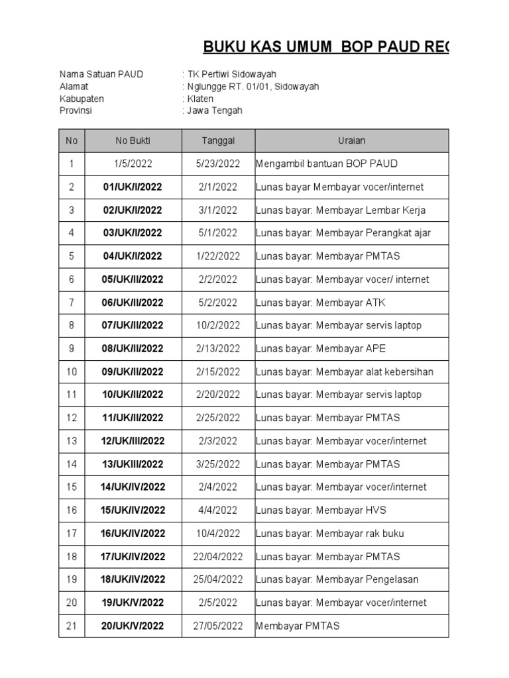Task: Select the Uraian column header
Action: pos(351,140)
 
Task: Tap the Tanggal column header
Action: pos(218,140)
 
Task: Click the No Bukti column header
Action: pos(133,140)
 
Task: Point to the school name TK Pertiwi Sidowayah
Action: pos(231,74)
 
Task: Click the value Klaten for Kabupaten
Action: pos(199,99)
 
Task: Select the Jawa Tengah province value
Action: pos(214,111)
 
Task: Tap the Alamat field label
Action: pos(74,87)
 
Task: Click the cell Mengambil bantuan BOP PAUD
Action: pos(327,164)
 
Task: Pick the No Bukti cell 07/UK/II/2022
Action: pos(133,325)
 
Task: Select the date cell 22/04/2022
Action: pos(218,556)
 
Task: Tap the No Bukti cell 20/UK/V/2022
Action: pos(133,626)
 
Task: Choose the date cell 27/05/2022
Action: pos(218,626)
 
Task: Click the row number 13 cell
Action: pos(72,441)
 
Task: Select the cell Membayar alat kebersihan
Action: pos(345,371)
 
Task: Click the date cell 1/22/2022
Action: pos(218,256)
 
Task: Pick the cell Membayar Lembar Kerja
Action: pos(341,210)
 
